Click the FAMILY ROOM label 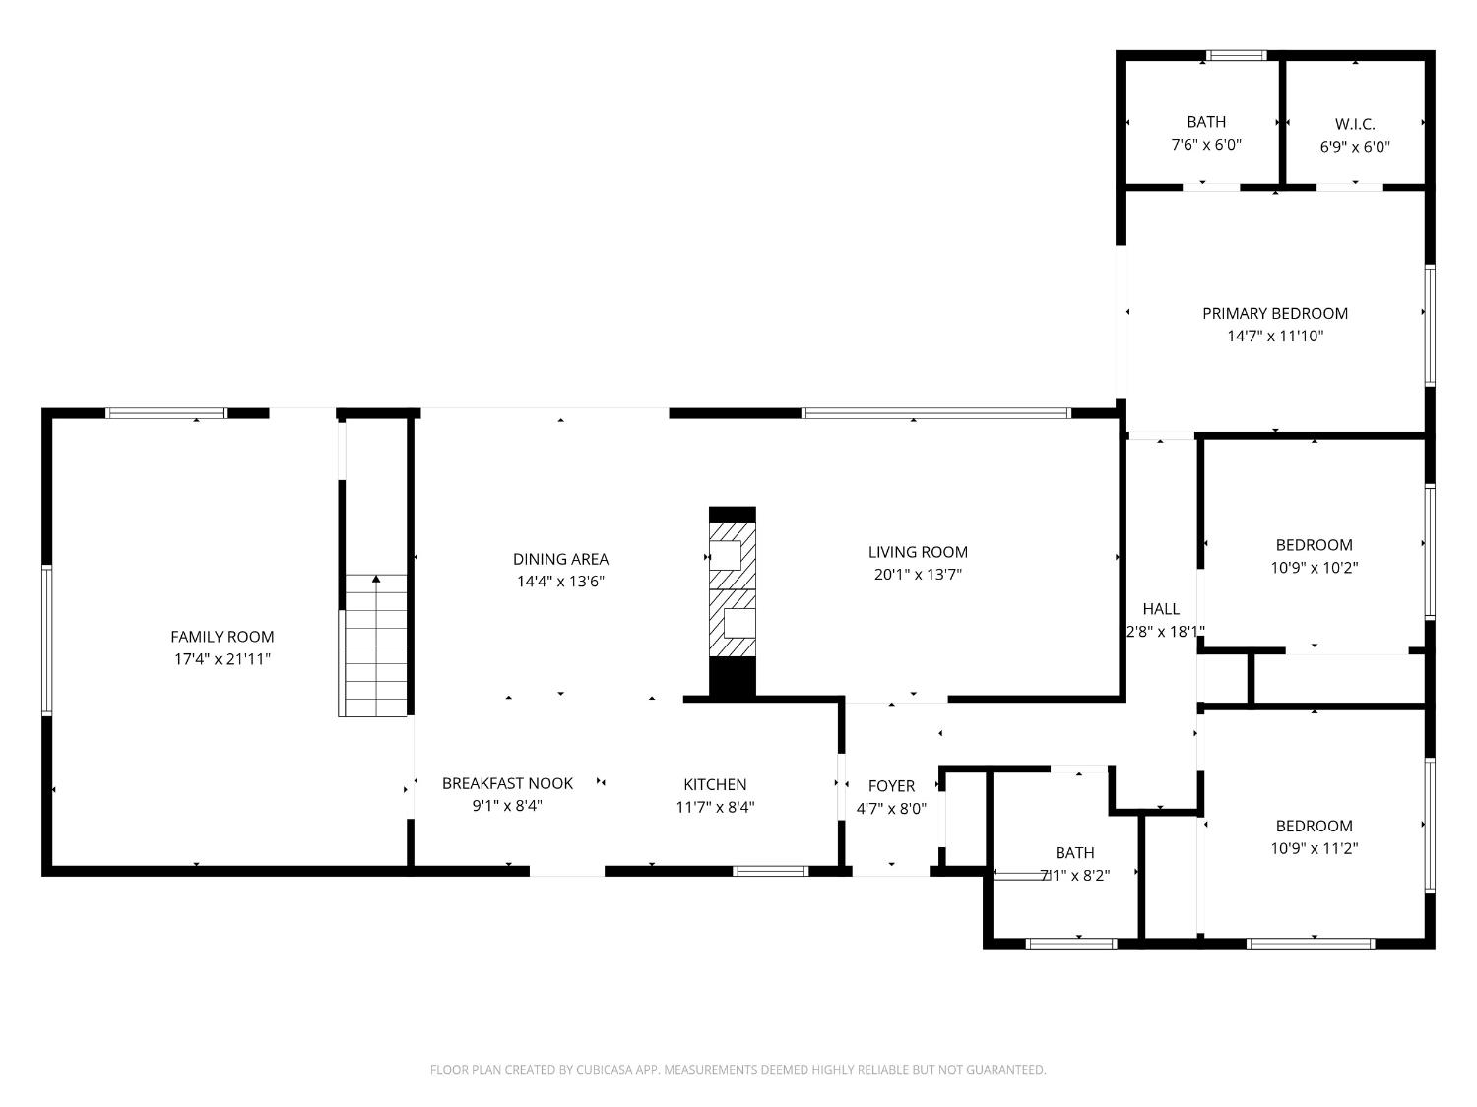pos(222,637)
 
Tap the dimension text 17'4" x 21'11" pos(222,659)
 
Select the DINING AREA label pos(560,559)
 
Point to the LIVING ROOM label pos(918,552)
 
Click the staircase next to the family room pos(374,649)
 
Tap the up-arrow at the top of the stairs pos(375,580)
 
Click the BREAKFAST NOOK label pos(507,783)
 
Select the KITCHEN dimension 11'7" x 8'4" pos(715,807)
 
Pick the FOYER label pos(891,785)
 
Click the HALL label pos(1161,609)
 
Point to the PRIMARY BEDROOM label pos(1274,313)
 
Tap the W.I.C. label pos(1355,124)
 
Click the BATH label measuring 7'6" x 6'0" pos(1206,122)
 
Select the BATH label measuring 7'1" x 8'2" pos(1074,852)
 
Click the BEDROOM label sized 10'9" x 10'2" pos(1314,544)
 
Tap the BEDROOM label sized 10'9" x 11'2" pos(1314,826)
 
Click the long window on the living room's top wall pos(935,413)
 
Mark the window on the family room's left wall pos(46,640)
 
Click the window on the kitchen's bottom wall pos(771,871)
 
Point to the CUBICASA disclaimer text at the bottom pos(738,1070)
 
